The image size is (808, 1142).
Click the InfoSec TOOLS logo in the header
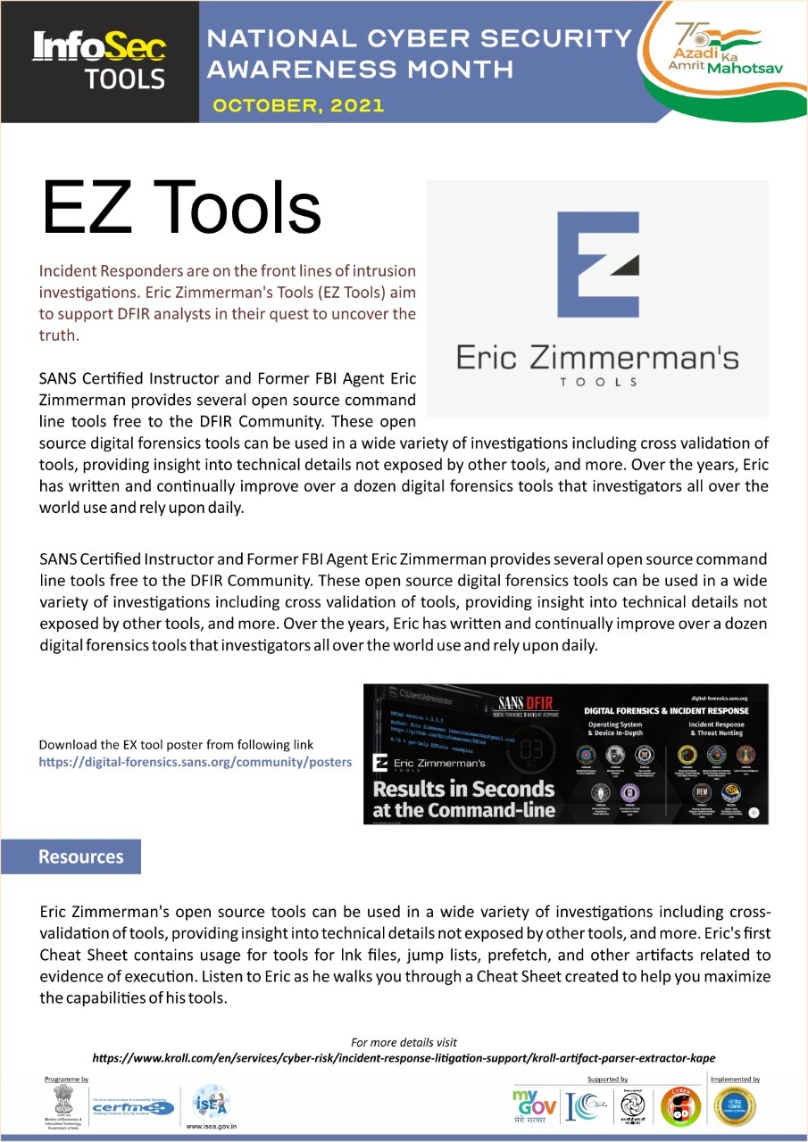tap(98, 60)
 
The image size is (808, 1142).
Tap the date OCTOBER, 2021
tap(298, 105)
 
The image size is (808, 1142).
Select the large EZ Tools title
tap(181, 209)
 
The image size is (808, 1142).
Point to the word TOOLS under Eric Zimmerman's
tap(597, 382)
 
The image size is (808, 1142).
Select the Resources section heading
tap(80, 857)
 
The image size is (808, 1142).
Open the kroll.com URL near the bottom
tap(404, 1058)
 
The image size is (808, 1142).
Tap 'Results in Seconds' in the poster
tap(463, 789)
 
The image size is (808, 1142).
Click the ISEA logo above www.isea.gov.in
tap(212, 1103)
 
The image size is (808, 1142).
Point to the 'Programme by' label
tap(67, 1080)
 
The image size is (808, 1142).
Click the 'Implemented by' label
tap(734, 1080)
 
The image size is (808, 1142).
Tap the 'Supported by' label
tap(607, 1080)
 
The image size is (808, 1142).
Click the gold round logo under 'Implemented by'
tap(734, 1107)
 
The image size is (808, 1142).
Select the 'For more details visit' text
tap(404, 1042)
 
